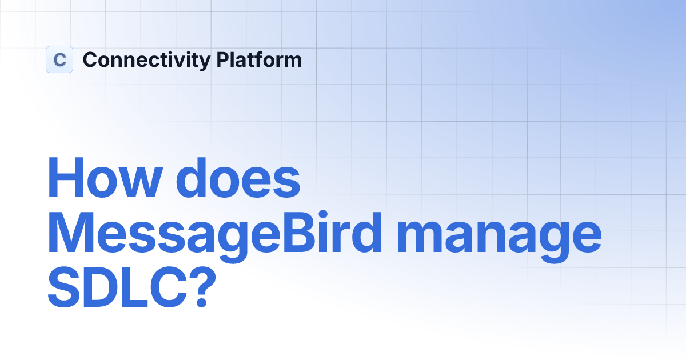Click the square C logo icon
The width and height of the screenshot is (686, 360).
pos(59,59)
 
